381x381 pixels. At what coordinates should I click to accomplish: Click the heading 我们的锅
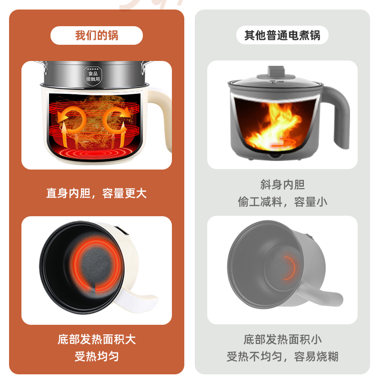click(x=97, y=36)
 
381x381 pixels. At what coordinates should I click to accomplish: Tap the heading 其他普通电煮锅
click(x=282, y=36)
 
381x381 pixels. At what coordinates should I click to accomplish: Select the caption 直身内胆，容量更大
click(x=97, y=193)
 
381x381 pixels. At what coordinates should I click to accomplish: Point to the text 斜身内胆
click(x=282, y=185)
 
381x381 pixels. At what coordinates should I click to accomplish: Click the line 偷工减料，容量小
click(x=282, y=201)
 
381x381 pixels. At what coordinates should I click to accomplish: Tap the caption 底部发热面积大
click(x=97, y=339)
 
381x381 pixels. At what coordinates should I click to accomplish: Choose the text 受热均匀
click(x=97, y=356)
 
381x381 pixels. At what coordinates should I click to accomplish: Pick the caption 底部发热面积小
click(x=282, y=339)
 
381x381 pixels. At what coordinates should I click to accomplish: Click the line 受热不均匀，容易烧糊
click(x=282, y=356)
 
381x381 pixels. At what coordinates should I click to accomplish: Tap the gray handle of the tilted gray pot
click(x=329, y=296)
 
